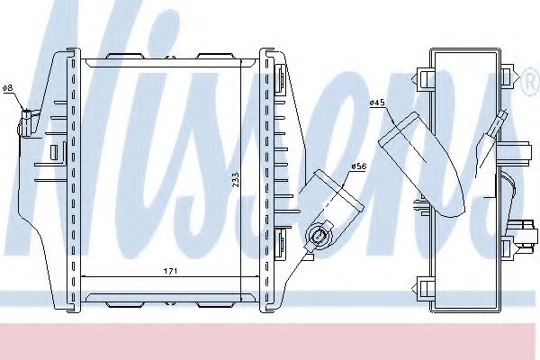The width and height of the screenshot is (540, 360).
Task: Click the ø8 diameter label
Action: pyautogui.click(x=7, y=88)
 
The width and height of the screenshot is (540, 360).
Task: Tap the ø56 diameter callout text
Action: pyautogui.click(x=359, y=166)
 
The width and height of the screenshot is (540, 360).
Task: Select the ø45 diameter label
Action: pyautogui.click(x=377, y=103)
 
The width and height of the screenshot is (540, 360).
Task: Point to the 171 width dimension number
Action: pyautogui.click(x=170, y=271)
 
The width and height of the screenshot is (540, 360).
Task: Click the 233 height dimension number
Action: pyautogui.click(x=236, y=180)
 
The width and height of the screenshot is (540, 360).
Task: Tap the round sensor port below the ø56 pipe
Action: pyautogui.click(x=319, y=237)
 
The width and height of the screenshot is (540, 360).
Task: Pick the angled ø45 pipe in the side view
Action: pyautogui.click(x=422, y=165)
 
